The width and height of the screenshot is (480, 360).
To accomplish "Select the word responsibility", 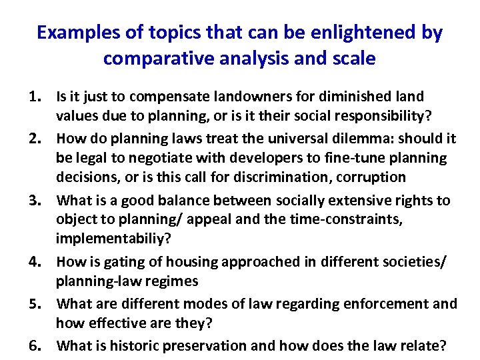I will coord(381,116).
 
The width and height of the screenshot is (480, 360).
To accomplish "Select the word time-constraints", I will coord(349,219).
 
